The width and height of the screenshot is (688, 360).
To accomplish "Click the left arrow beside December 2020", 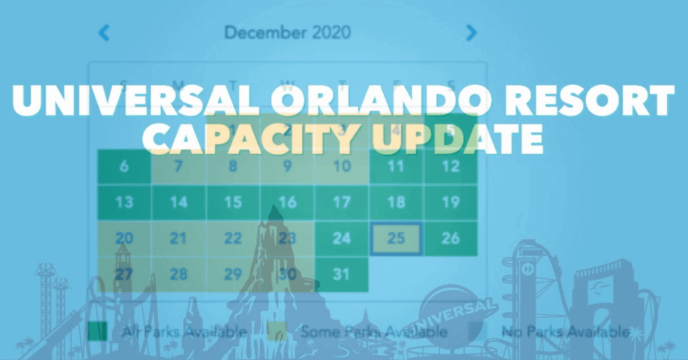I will pyautogui.click(x=104, y=33).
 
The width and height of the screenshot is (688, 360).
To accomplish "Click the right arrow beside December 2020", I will pyautogui.click(x=471, y=33).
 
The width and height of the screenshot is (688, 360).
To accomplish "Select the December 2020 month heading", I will pyautogui.click(x=287, y=33).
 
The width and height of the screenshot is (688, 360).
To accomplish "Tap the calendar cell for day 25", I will pyautogui.click(x=396, y=238).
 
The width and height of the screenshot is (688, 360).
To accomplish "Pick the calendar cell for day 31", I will pyautogui.click(x=341, y=275).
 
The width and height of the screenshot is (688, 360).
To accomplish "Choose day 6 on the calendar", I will pyautogui.click(x=124, y=167).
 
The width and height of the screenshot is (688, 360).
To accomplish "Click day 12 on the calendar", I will pyautogui.click(x=451, y=167).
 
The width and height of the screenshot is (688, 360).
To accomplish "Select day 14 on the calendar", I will pyautogui.click(x=179, y=202).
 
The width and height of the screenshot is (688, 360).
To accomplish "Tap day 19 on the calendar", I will pyautogui.click(x=451, y=202).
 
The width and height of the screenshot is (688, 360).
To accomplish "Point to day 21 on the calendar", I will pyautogui.click(x=179, y=238).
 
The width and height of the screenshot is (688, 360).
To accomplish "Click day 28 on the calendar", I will pyautogui.click(x=179, y=275).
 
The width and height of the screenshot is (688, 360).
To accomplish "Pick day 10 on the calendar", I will pyautogui.click(x=342, y=167).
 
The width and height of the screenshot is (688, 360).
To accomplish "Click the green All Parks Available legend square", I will pyautogui.click(x=97, y=331).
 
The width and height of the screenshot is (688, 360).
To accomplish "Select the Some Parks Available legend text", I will pyautogui.click(x=374, y=331).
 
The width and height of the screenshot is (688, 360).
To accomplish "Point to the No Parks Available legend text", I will pyautogui.click(x=565, y=331).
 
